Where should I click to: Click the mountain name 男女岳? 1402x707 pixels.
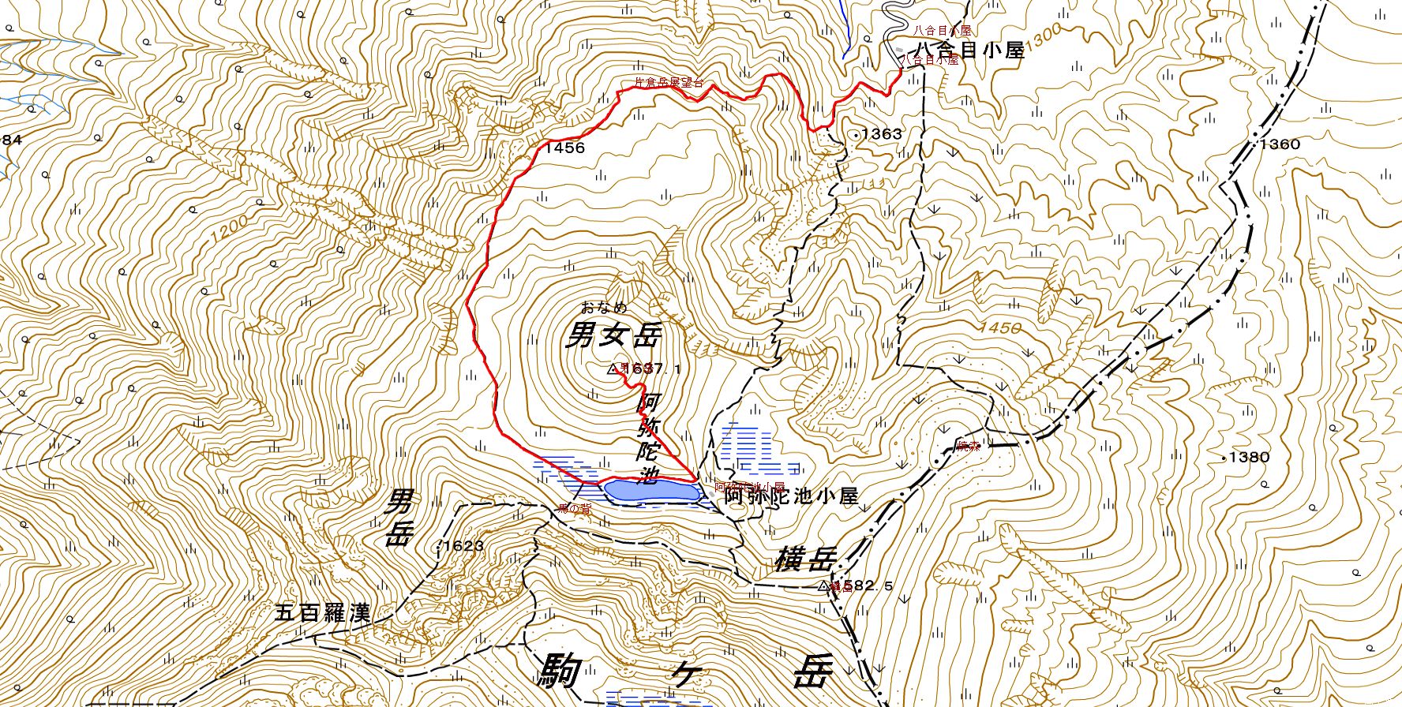click(x=613, y=337)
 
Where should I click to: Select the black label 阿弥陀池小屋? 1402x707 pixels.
click(x=791, y=496)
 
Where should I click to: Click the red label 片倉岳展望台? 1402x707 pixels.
click(x=669, y=82)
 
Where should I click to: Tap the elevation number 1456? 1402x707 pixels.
click(x=564, y=148)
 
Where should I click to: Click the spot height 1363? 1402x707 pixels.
click(x=881, y=134)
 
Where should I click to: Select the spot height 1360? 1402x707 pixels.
click(x=1279, y=144)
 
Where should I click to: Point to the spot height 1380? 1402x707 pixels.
click(x=1249, y=457)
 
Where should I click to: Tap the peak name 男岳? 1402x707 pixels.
click(x=399, y=518)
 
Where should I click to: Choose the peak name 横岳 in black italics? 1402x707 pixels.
click(x=804, y=559)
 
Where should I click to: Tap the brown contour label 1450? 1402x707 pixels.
click(x=999, y=327)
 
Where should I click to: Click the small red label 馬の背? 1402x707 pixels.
click(x=575, y=510)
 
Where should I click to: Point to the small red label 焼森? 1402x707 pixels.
click(x=969, y=447)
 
